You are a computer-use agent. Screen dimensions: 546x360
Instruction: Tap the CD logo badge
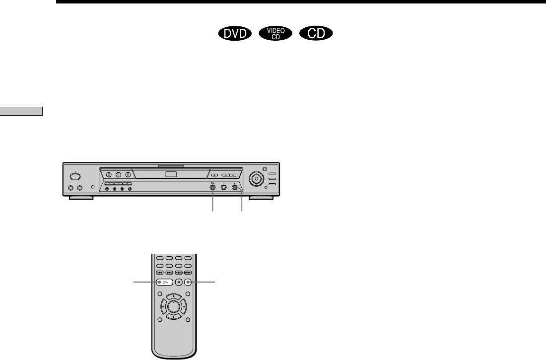coord(316,33)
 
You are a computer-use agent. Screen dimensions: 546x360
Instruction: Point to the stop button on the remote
coord(188,282)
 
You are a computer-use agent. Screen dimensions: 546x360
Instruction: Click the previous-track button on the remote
coord(160,273)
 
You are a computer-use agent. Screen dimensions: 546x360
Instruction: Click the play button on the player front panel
coord(213,189)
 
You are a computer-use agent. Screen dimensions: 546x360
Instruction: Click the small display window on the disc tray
coord(170,174)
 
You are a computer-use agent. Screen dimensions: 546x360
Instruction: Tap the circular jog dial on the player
coord(257,178)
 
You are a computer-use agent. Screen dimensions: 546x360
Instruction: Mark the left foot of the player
coord(80,198)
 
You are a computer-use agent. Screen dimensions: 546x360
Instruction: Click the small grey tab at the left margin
coord(21,111)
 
